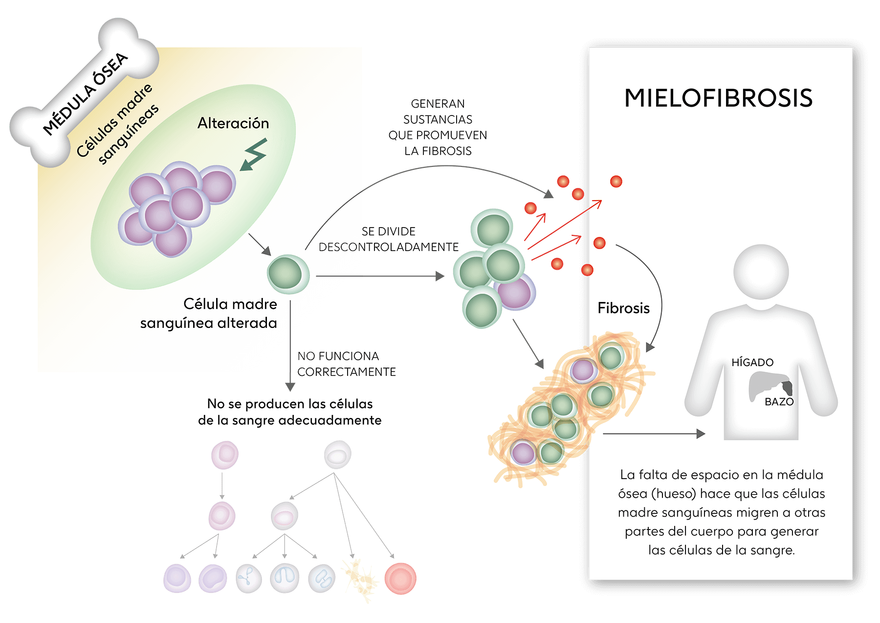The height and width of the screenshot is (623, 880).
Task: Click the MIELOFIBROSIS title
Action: click(x=718, y=98)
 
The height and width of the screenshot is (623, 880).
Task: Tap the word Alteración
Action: click(x=233, y=123)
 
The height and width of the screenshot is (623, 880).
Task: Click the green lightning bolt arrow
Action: click(x=254, y=155)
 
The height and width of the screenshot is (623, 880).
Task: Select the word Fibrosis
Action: click(x=623, y=308)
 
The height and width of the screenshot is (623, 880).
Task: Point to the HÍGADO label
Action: click(x=752, y=363)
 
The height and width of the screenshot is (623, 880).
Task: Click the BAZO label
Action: click(x=779, y=402)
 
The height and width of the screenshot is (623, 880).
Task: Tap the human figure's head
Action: click(x=761, y=272)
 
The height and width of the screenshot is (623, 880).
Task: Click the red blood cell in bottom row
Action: click(x=400, y=579)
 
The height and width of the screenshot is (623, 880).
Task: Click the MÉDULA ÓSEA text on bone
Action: click(x=86, y=93)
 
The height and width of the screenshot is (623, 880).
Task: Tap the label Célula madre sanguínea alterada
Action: click(x=209, y=314)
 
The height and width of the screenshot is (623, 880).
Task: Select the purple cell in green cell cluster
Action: click(x=516, y=293)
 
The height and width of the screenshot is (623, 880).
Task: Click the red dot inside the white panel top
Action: click(x=616, y=182)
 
